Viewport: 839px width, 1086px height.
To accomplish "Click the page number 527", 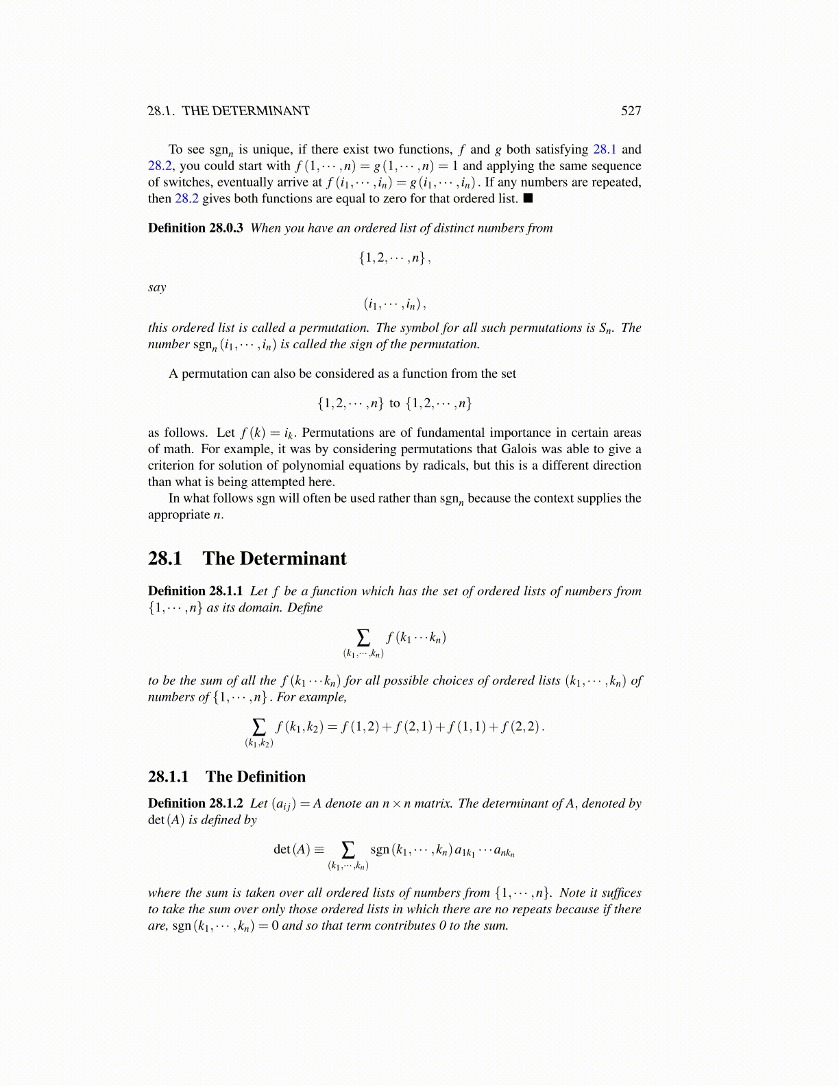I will point(631,111).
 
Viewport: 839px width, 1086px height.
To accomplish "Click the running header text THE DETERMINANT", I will point(245,111).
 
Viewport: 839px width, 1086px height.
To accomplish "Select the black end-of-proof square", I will point(528,199).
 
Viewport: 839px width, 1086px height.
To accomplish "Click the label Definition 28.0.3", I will point(195,228).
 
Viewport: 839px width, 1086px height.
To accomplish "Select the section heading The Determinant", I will point(274,559).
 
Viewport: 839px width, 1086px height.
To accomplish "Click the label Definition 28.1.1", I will point(195,591).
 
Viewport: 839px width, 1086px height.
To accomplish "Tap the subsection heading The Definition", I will point(256,777).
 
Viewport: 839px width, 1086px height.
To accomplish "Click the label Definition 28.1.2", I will point(195,804).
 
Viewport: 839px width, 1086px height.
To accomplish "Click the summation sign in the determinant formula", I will point(348,850).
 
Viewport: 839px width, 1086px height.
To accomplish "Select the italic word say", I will point(157,288).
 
